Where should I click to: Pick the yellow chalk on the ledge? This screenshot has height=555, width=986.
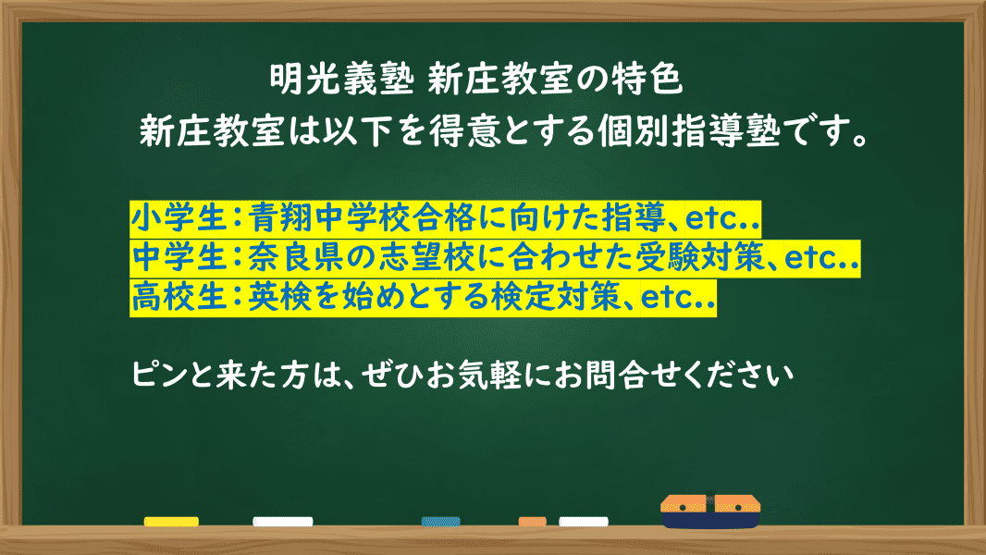[171, 522]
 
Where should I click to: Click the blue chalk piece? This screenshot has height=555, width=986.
[440, 522]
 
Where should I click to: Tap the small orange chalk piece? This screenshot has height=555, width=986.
[532, 522]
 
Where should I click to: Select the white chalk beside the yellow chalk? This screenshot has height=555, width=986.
[282, 522]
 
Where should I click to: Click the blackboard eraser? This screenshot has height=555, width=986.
[710, 511]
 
